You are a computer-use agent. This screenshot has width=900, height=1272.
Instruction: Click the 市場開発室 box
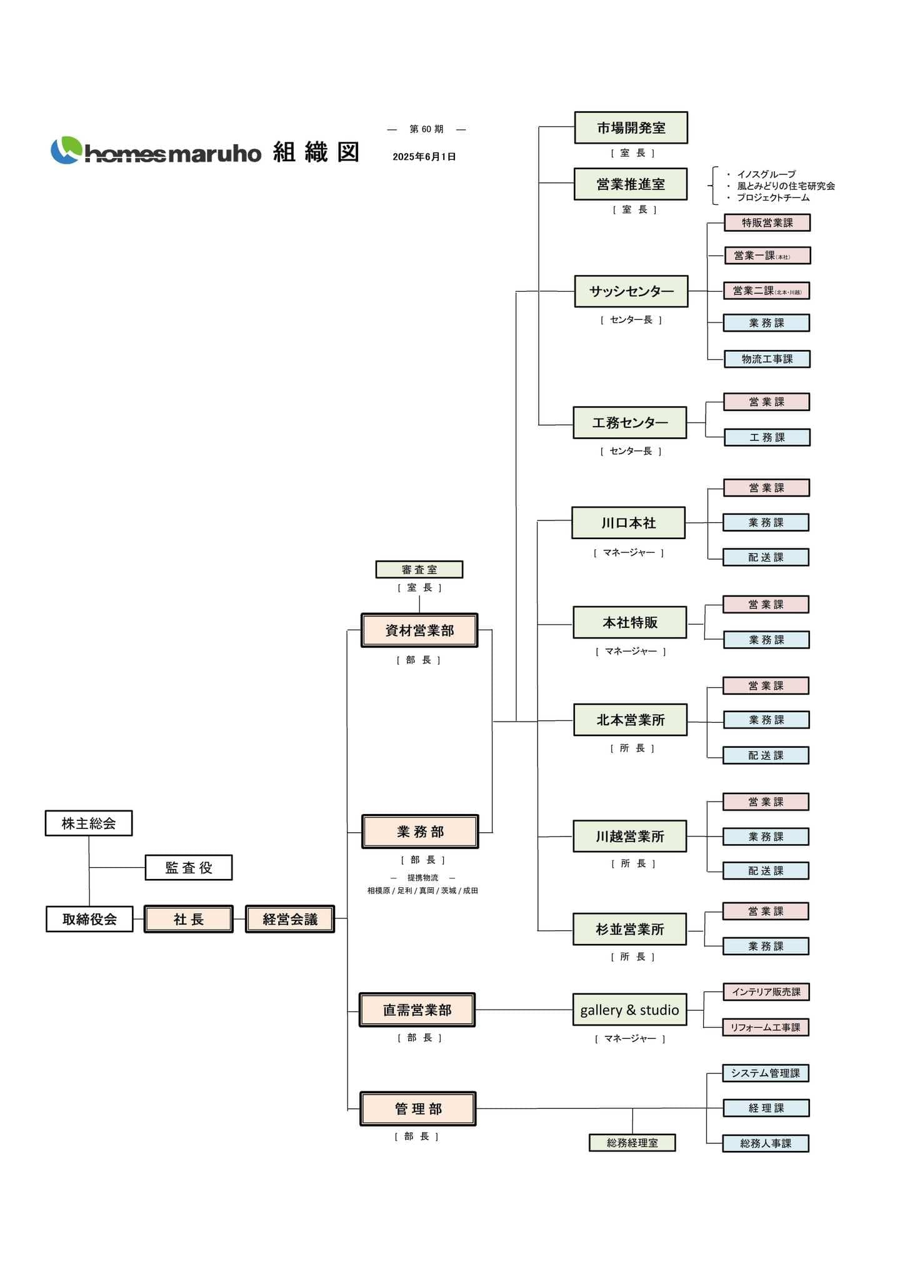(631, 128)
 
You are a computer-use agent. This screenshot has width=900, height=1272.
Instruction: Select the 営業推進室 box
(630, 184)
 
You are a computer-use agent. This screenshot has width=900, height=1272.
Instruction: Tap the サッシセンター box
(631, 291)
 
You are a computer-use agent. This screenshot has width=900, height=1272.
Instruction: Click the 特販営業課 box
(767, 223)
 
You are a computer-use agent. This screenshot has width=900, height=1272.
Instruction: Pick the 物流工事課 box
(767, 359)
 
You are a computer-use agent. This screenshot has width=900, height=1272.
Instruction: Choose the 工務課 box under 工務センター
(767, 437)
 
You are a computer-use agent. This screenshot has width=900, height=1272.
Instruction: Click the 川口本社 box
(628, 523)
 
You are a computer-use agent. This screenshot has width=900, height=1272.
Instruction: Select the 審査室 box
(419, 570)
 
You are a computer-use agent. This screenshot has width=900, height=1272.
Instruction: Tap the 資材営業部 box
(419, 630)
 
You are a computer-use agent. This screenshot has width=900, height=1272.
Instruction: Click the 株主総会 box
(89, 823)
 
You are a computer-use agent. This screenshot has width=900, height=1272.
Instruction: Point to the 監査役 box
(189, 868)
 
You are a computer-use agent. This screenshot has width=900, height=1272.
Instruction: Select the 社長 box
(189, 919)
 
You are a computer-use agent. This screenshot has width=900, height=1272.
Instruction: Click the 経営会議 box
(290, 919)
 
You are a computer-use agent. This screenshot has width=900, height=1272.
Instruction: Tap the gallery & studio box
(629, 1010)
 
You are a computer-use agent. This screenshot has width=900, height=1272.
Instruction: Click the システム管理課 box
(766, 1073)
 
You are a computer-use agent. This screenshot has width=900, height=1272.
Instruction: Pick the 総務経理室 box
(632, 1143)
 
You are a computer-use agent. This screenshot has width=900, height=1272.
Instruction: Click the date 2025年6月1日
(424, 157)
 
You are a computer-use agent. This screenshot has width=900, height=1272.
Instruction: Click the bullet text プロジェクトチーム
(773, 197)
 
